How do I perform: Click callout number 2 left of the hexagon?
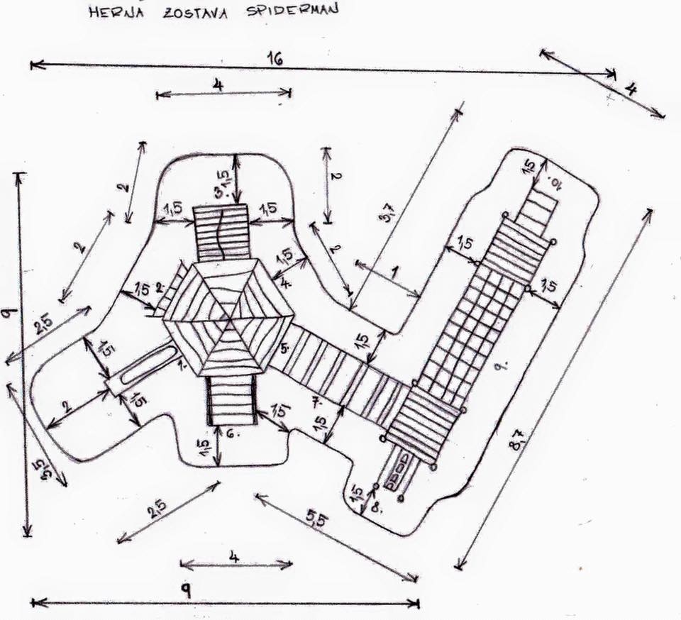(160, 287)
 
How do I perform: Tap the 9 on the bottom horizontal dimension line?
(186, 590)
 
